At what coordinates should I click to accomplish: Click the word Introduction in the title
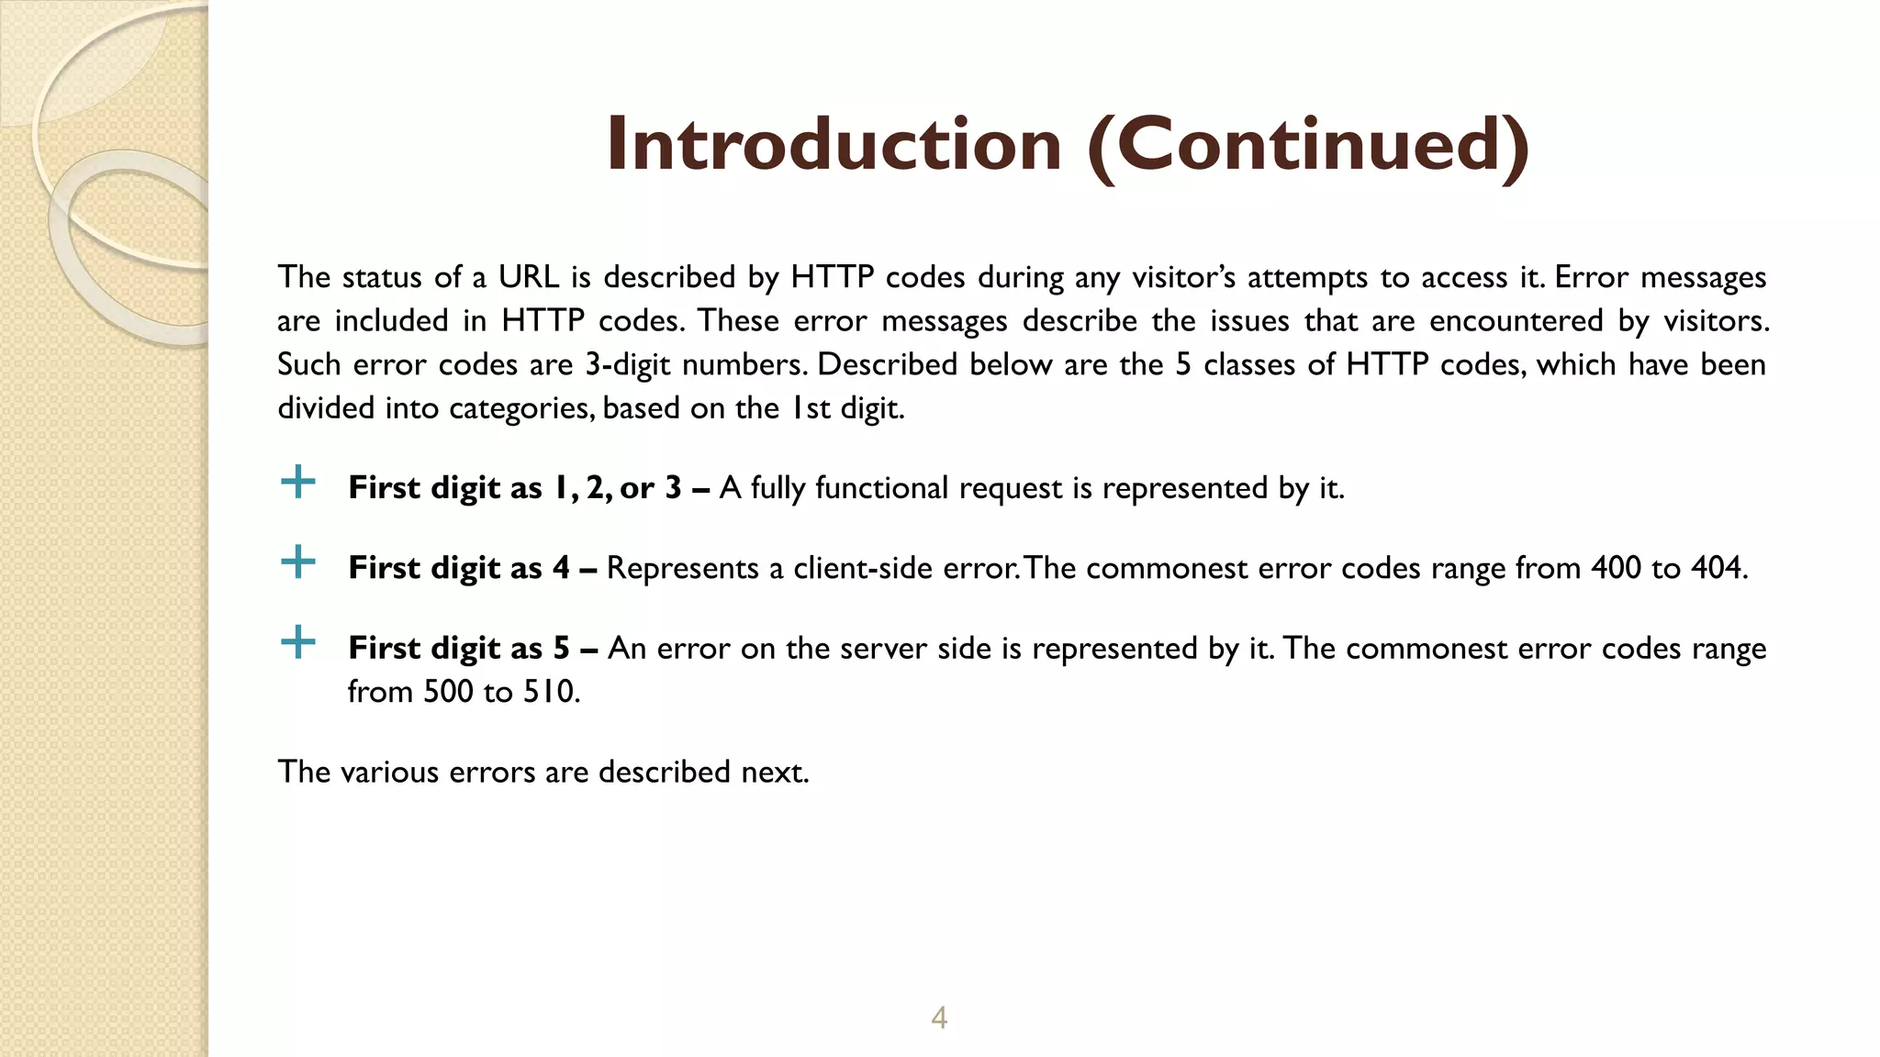point(834,144)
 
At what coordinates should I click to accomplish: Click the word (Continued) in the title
point(1308,146)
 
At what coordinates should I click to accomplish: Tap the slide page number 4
point(939,1018)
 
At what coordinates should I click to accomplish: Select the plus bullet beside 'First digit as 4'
point(298,562)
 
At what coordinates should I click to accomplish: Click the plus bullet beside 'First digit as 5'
point(298,642)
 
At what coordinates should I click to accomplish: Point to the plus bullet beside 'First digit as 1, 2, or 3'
point(298,482)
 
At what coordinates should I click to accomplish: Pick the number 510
point(551,692)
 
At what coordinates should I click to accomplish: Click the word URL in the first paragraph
point(529,277)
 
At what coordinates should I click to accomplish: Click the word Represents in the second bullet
point(683,568)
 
